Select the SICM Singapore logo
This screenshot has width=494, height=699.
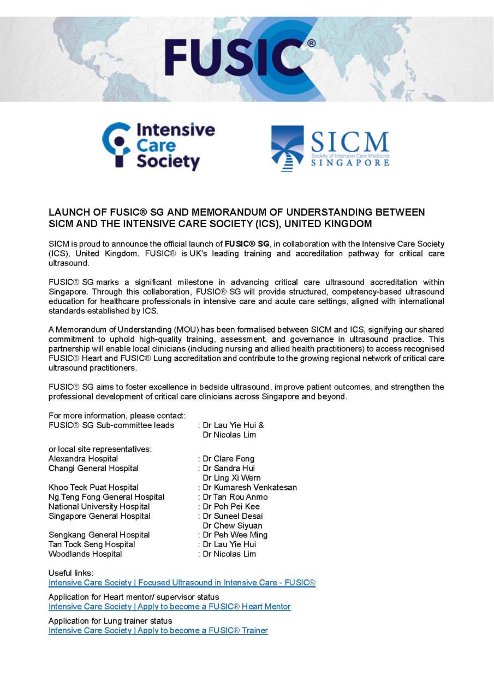(x=330, y=149)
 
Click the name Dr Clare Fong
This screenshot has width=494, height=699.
(x=228, y=459)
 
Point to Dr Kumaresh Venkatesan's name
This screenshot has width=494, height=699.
(x=249, y=487)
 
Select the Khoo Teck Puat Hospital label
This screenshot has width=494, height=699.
(x=93, y=487)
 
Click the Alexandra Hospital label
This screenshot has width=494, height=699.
(x=83, y=459)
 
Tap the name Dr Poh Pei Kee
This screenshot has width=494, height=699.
(x=231, y=506)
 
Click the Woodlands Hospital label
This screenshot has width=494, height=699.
(x=85, y=554)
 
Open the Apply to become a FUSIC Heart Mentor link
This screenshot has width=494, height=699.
(x=170, y=607)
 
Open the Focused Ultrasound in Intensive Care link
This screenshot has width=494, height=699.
(x=182, y=583)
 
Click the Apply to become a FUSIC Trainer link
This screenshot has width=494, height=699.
(x=158, y=631)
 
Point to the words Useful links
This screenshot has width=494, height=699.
(x=71, y=573)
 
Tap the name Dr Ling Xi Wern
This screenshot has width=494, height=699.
(x=231, y=478)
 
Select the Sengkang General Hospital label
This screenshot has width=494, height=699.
(x=99, y=535)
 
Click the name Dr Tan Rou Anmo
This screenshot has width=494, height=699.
(x=235, y=497)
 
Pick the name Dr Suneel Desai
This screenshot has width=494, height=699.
(x=233, y=516)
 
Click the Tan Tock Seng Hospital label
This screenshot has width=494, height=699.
(x=92, y=544)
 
